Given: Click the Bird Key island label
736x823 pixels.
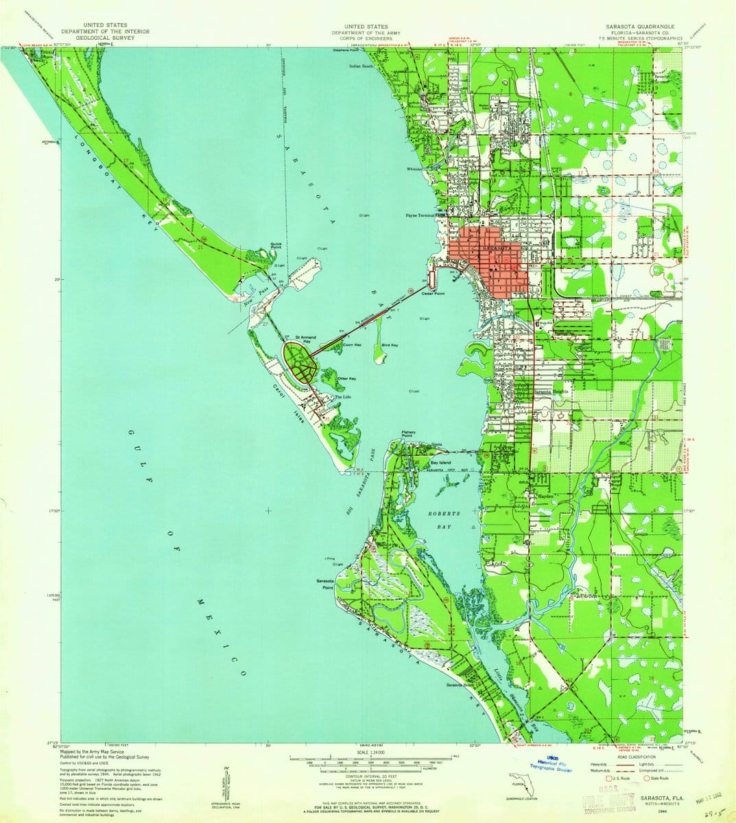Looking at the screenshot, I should tap(390, 345).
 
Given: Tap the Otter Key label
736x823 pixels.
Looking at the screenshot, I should tap(347, 378).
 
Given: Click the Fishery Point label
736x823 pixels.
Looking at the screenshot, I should tap(408, 433).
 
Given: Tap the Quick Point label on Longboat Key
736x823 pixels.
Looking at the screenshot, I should tap(276, 244).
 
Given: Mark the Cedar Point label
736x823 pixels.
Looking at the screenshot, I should tap(434, 294).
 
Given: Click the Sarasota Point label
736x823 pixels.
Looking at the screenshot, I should tap(324, 584).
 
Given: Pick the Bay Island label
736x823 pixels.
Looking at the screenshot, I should tap(440, 463).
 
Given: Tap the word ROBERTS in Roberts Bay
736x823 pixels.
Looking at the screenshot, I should tap(442, 514).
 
